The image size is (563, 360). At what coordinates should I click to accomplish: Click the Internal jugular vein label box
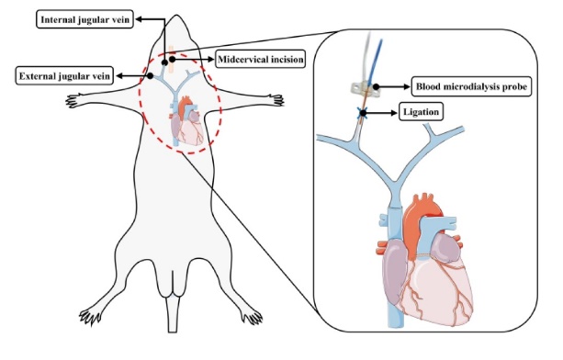[x=84, y=19]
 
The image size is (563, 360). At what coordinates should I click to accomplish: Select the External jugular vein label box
[x=64, y=76]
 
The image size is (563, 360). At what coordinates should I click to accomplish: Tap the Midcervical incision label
[x=261, y=59]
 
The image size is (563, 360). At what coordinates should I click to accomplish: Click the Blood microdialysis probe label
[x=471, y=86]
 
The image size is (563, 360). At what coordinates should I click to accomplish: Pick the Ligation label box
[x=421, y=112]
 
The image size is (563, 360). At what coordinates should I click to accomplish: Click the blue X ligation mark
[x=363, y=114]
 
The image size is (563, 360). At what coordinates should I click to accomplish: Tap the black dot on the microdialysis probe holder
[x=376, y=86]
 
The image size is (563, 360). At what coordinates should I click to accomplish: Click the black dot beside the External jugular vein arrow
[x=150, y=75]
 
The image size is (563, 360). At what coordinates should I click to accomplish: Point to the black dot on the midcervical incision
[x=173, y=59]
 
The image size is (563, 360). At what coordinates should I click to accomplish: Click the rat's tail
[x=173, y=313]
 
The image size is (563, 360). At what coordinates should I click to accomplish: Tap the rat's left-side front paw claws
[x=73, y=100]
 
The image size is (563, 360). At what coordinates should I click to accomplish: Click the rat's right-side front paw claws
[x=277, y=100]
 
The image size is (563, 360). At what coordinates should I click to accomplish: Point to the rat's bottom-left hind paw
[x=91, y=316]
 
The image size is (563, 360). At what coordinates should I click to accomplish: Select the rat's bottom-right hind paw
[x=252, y=316]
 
